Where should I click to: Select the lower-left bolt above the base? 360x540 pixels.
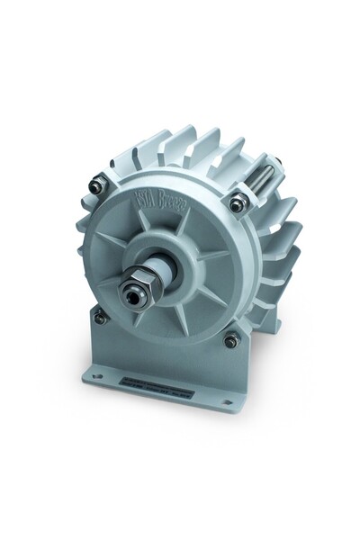101,316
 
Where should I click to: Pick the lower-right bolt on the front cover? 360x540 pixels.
231,338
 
